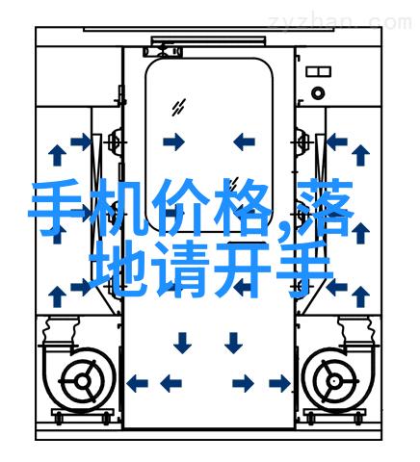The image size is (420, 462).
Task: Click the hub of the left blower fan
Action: pyautogui.click(x=83, y=381)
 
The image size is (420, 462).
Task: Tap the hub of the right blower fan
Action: pyautogui.click(x=335, y=381)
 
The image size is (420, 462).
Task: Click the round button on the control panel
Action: pyautogui.click(x=318, y=93)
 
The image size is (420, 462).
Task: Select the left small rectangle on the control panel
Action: pyautogui.click(x=312, y=71)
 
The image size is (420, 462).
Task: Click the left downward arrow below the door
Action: pyautogui.click(x=182, y=343)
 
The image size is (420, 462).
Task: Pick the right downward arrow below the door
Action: pyautogui.click(x=233, y=343)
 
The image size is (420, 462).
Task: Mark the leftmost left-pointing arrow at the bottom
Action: pyautogui.click(x=137, y=383)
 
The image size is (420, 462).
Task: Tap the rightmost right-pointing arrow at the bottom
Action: pyautogui.click(x=280, y=383)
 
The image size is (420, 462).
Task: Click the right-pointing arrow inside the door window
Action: pyautogui.click(x=173, y=141)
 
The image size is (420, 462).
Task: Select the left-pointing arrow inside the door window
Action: pyautogui.click(x=244, y=141)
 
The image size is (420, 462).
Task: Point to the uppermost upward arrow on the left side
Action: pyautogui.click(x=58, y=155)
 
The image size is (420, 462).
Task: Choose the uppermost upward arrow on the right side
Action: pyautogui.click(x=360, y=155)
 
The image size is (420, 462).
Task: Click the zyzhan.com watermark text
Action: pyautogui.click(x=340, y=22)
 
